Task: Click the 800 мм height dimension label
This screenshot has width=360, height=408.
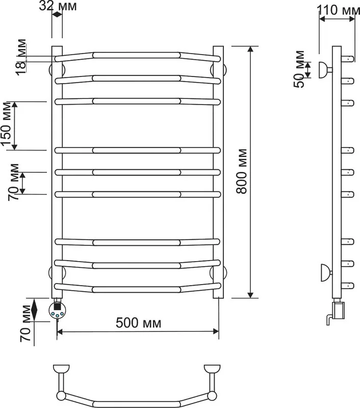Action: coord(241,171)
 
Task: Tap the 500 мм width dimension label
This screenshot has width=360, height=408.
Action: coord(138,323)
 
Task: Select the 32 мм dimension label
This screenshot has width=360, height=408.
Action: coord(58,6)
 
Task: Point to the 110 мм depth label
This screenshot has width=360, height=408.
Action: coord(338,10)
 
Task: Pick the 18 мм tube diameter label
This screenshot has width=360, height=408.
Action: coord(21,57)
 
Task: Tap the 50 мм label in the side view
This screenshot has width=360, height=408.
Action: coord(299,69)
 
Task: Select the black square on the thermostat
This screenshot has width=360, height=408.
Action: coord(57,307)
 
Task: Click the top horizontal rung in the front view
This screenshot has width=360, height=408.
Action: coord(137,56)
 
